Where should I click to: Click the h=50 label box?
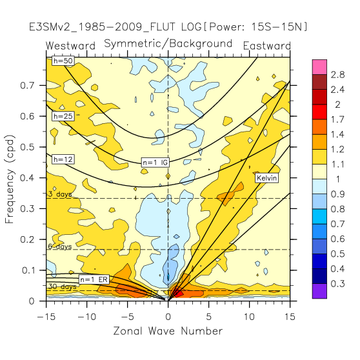point(63,61)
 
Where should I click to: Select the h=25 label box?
point(63,116)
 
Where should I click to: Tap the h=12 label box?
point(63,159)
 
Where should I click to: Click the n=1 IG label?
point(155,163)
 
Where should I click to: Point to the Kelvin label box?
point(267,178)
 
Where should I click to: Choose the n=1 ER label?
point(94,279)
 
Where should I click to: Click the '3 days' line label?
point(60,194)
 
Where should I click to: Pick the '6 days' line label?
point(60,246)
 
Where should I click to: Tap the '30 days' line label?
point(63,286)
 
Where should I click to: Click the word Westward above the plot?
point(70,46)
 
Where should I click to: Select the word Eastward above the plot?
point(267,46)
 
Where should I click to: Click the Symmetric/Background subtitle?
point(168,44)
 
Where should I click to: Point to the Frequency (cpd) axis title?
point(10,179)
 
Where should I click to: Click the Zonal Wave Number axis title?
point(168,331)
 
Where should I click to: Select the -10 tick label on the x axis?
point(87,317)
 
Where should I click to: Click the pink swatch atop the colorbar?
point(319,67)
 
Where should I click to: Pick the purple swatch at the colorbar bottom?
point(319,291)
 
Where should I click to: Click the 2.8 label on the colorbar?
point(337,75)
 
